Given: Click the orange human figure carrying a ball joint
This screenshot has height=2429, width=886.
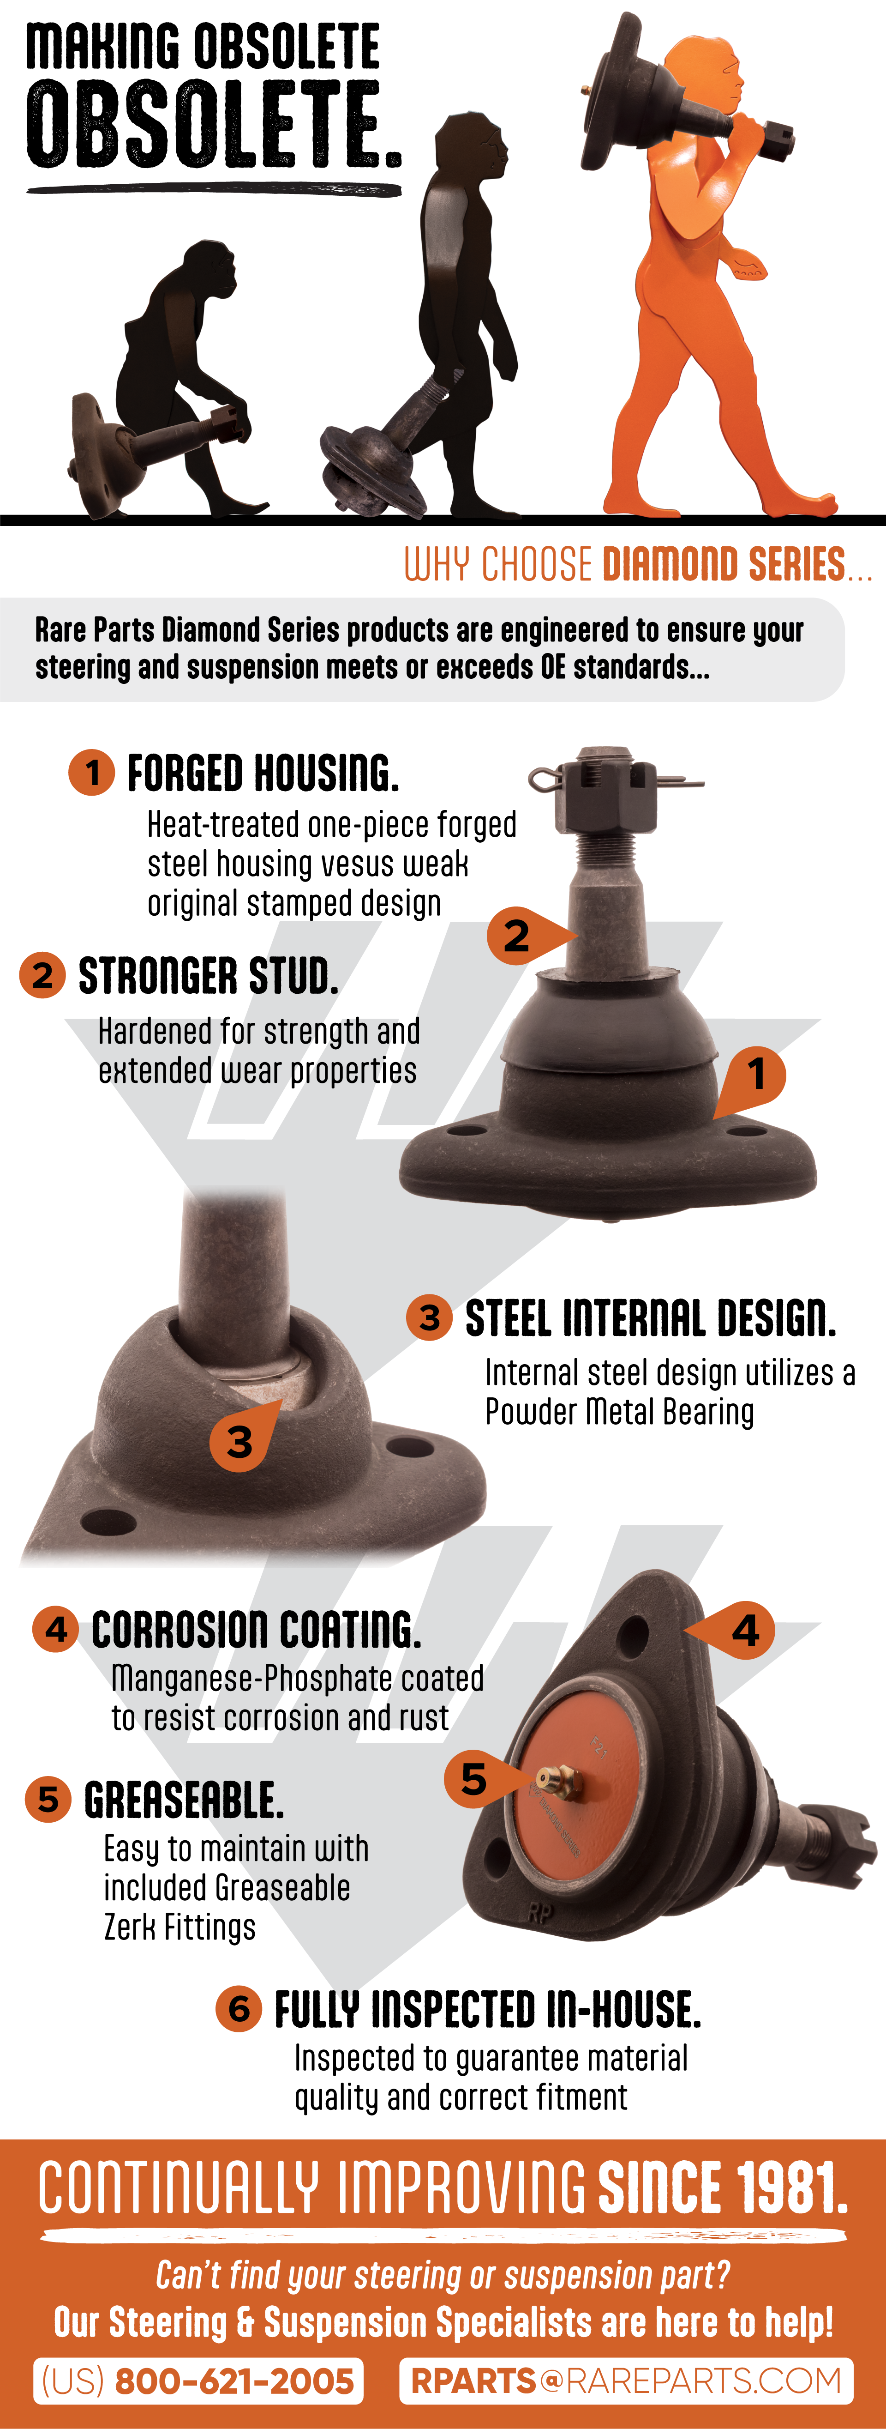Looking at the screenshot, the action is coord(697,283).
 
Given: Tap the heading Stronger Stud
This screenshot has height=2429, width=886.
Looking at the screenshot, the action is coord(208,976).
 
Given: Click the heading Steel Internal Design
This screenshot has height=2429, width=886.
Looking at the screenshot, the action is coord(650,1318).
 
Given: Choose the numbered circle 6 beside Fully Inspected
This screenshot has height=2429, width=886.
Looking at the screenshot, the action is coord(239,2008).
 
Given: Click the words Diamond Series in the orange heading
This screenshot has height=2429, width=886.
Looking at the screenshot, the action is coord(724,564).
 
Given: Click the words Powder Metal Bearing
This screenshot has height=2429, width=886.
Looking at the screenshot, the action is coord(619,1412).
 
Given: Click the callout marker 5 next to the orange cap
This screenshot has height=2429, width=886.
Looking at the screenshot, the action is coord(481,1779).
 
